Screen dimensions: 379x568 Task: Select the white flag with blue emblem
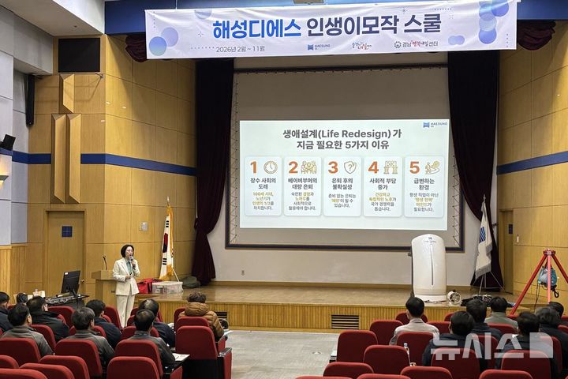(x=484, y=241)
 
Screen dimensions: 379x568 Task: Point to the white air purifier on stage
(x=428, y=265)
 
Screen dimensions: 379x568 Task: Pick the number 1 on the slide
(x=254, y=167)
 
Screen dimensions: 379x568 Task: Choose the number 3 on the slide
(x=333, y=167)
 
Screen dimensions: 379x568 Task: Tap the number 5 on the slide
(x=414, y=167)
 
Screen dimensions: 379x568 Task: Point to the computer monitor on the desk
(x=71, y=282)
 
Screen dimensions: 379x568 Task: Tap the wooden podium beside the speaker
(x=103, y=285)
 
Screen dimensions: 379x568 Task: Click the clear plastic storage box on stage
(x=168, y=287)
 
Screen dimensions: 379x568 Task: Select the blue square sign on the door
(x=66, y=231)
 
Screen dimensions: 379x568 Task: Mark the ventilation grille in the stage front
(x=345, y=321)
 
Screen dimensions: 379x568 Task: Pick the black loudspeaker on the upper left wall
(x=80, y=55)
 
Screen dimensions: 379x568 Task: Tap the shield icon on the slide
(x=349, y=167)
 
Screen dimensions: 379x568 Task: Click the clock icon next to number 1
(x=270, y=167)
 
